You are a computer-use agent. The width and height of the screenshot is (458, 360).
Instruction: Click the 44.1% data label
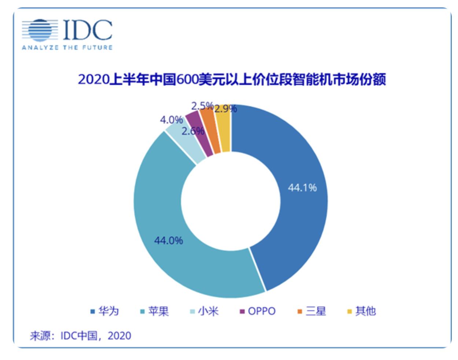click(302, 188)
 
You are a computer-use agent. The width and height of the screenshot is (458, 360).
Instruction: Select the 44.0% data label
click(169, 240)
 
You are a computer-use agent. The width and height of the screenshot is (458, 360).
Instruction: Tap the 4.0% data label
click(171, 120)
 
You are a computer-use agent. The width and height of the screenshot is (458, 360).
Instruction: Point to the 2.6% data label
click(193, 131)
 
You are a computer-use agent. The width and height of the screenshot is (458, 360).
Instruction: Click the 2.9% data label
click(226, 109)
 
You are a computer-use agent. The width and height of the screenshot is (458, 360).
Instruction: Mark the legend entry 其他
click(362, 311)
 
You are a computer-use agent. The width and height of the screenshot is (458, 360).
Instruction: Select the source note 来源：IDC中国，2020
click(80, 335)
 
